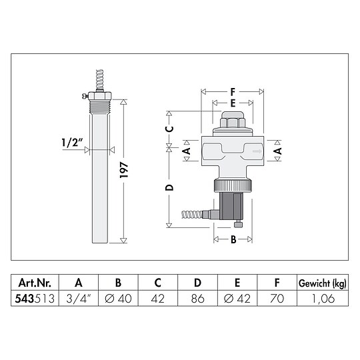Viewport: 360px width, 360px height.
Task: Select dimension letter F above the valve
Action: click(x=232, y=93)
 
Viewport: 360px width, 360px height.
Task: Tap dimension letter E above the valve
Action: click(x=232, y=103)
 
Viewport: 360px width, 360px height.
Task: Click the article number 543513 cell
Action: click(x=35, y=299)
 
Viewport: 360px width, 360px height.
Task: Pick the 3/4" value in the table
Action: click(x=79, y=299)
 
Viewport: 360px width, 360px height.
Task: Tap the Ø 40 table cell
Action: click(x=118, y=299)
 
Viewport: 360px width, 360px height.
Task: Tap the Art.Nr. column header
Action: click(x=35, y=282)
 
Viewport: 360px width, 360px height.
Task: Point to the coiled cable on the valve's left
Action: click(x=196, y=215)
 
